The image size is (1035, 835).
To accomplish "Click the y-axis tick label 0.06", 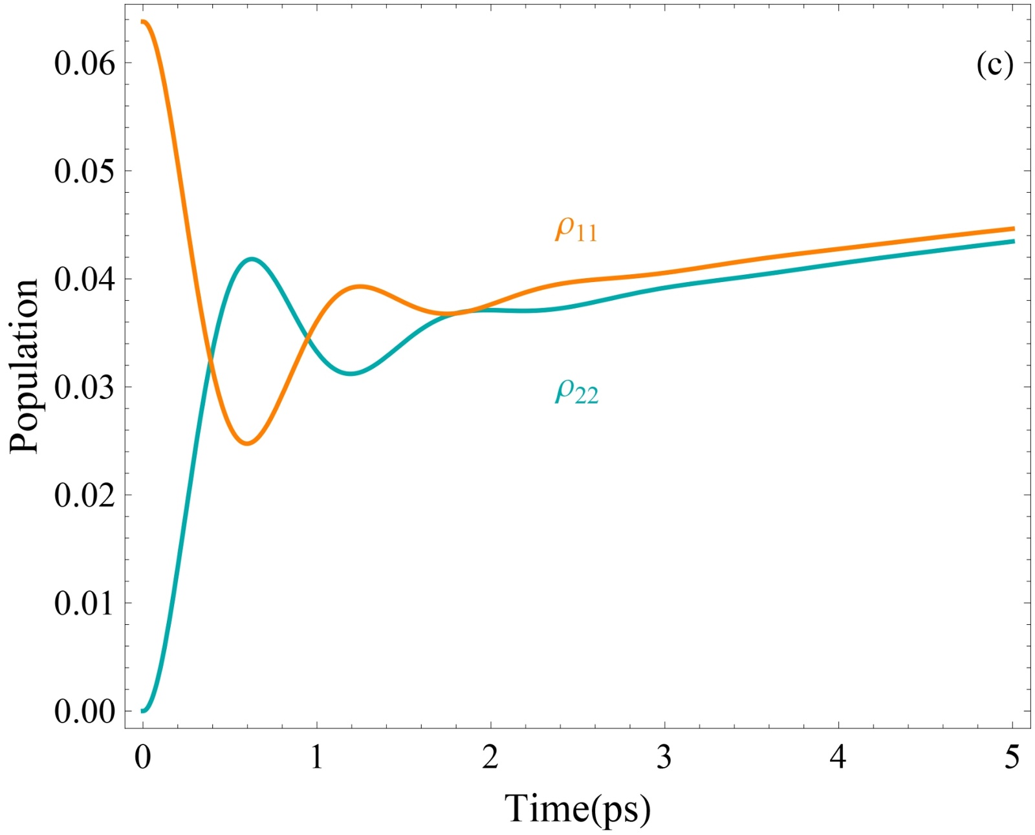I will tap(84, 63).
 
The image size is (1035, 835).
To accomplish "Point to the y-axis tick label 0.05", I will tap(84, 171).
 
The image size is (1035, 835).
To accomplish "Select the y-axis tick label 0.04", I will tap(84, 279).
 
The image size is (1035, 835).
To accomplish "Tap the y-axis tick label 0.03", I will tap(84, 387).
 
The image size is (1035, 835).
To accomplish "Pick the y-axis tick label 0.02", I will tap(84, 495).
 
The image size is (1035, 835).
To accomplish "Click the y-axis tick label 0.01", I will tap(84, 603).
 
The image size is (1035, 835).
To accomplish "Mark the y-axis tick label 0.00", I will tap(84, 711).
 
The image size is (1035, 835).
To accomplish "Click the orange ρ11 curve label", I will tap(576, 228).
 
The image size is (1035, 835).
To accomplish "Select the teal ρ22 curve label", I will tap(576, 391).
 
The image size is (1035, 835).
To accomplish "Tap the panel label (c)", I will tap(994, 65).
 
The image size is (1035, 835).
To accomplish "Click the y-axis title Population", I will tap(25, 366).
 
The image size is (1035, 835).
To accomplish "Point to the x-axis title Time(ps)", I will tap(577, 808).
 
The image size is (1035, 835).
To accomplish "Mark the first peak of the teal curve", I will tap(251, 259).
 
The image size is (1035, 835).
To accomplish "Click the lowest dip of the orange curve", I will tap(247, 444).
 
